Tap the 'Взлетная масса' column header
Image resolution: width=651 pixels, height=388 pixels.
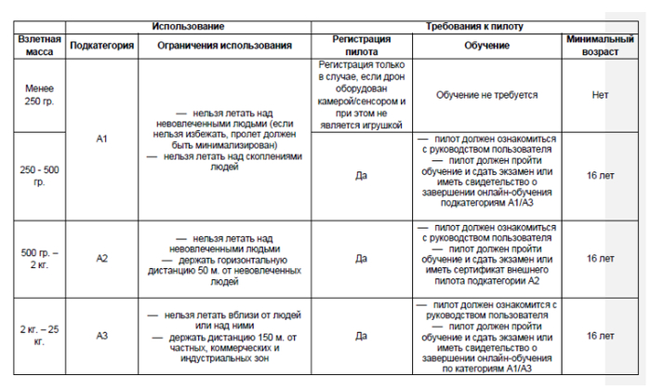(40, 46)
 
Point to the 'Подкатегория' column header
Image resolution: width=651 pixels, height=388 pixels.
(102, 46)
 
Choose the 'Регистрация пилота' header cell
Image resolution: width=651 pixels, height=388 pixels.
(362, 46)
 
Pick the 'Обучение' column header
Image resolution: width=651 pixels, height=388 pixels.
(485, 46)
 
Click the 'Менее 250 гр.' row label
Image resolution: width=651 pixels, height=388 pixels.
(40, 94)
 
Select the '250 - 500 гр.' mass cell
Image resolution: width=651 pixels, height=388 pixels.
(40, 174)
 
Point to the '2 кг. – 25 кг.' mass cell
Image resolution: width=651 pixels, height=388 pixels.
(40, 336)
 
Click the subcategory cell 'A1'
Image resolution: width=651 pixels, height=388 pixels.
(102, 139)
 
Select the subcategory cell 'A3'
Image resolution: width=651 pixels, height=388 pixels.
(102, 336)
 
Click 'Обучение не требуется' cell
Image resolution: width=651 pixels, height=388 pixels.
(485, 94)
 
